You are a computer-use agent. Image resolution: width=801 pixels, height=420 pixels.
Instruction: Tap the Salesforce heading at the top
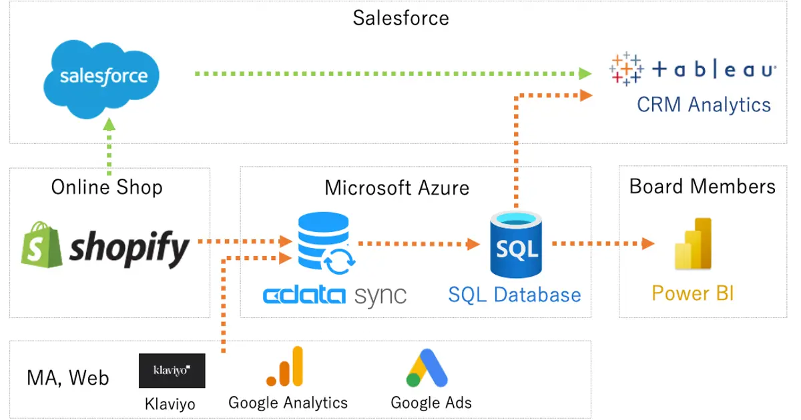(400, 17)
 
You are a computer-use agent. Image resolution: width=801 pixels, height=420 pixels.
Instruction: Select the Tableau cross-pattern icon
(626, 69)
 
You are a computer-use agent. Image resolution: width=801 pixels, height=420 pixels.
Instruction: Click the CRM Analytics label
(704, 105)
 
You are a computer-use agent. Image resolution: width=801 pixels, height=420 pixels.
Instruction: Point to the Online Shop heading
(107, 187)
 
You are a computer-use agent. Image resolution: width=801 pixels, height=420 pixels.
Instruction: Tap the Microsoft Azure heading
(396, 187)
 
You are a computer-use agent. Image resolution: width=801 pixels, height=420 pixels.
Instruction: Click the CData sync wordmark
(334, 295)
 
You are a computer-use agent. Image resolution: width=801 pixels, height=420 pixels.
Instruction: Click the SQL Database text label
(514, 295)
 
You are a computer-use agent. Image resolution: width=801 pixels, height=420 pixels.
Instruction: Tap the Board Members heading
(702, 186)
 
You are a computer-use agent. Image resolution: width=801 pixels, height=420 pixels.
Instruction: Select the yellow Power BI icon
(693, 244)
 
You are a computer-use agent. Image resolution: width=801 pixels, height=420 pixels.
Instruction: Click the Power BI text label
(693, 293)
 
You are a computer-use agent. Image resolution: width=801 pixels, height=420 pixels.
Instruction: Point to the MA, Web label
(67, 378)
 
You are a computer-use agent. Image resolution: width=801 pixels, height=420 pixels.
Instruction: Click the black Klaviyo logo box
(172, 371)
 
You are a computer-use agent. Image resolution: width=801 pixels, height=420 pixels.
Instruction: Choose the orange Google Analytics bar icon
(285, 367)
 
